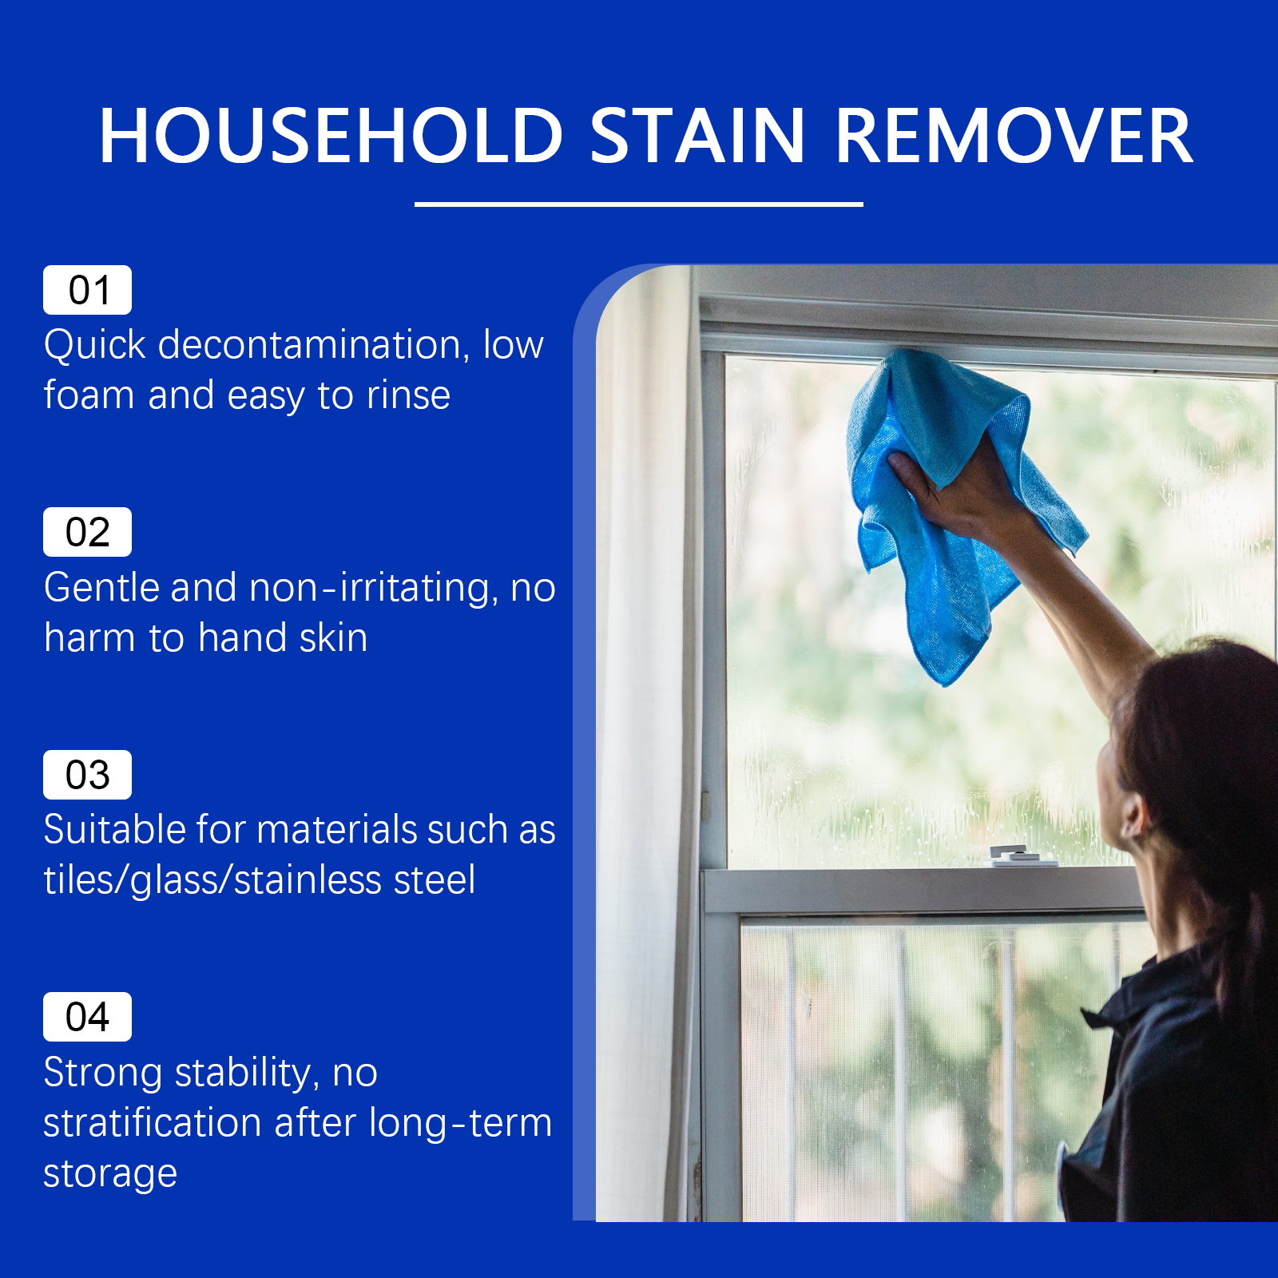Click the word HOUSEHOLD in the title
(331, 137)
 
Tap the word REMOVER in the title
(1014, 137)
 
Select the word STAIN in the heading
(697, 137)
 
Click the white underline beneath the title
(639, 204)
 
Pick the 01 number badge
(87, 290)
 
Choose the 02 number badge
(87, 532)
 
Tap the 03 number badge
(87, 775)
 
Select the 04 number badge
(87, 1017)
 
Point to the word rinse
(408, 395)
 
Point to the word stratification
(153, 1122)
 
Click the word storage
(110, 1174)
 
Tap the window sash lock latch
(1022, 856)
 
